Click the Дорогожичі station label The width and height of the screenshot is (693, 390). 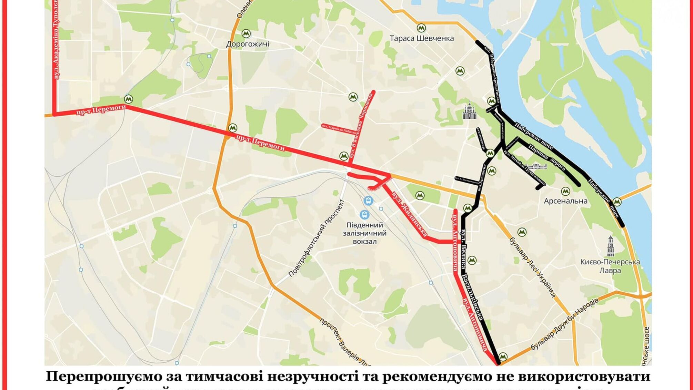pyautogui.click(x=247, y=44)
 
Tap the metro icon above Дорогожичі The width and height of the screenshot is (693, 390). pyautogui.click(x=246, y=33)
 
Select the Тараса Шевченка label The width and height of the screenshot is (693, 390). pyautogui.click(x=421, y=38)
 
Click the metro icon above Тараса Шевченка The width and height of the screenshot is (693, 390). pyautogui.click(x=421, y=28)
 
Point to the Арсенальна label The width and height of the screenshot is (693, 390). pyautogui.click(x=565, y=201)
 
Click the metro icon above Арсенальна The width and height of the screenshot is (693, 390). pyautogui.click(x=565, y=191)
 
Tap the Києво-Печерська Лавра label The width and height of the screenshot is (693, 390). pyautogui.click(x=610, y=266)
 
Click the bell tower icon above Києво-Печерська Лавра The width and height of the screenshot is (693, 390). pyautogui.click(x=611, y=246)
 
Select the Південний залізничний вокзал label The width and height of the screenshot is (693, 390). pyautogui.click(x=364, y=233)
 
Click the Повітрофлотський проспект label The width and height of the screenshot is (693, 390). pyautogui.click(x=316, y=238)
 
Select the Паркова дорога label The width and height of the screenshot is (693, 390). pyautogui.click(x=546, y=157)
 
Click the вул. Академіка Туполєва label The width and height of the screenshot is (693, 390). pyautogui.click(x=56, y=40)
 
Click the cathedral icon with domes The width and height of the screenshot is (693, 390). pyautogui.click(x=469, y=111)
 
